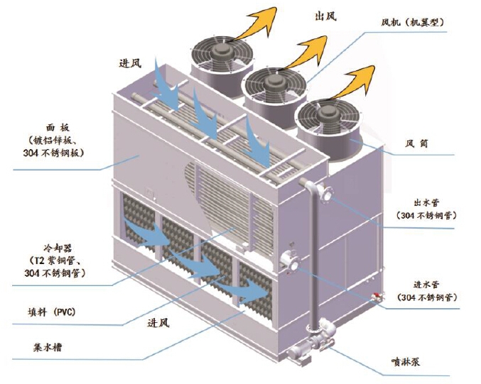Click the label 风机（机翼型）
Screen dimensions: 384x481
[412, 23]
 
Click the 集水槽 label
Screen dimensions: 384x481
[49, 349]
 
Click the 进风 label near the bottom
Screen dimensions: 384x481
[158, 324]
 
